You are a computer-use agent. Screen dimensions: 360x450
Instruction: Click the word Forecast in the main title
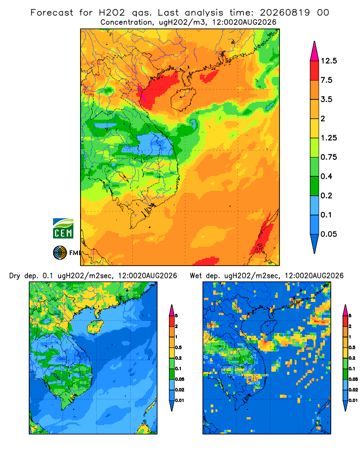52,13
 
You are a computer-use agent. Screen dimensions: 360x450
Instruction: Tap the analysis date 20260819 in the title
285,13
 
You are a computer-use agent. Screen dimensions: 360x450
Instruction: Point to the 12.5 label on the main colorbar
328,61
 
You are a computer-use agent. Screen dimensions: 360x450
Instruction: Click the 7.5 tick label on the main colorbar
326,80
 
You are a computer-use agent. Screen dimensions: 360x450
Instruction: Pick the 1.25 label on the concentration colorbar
328,138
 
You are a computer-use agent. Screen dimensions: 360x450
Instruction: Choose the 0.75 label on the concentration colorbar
328,157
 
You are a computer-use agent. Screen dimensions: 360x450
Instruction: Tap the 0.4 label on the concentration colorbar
326,176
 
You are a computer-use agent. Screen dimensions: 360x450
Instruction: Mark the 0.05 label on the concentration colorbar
328,234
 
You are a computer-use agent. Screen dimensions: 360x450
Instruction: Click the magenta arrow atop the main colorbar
315,52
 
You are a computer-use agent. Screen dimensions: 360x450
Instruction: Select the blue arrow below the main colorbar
315,243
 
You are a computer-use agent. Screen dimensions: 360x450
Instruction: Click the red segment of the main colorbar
315,71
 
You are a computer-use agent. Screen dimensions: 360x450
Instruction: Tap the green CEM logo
63,229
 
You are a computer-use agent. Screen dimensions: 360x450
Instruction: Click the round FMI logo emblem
60,253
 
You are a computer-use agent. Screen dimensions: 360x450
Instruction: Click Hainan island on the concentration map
183,99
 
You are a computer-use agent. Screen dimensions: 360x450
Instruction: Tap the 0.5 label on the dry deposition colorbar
178,347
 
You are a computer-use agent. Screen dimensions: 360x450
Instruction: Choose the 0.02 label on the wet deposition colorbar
353,390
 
